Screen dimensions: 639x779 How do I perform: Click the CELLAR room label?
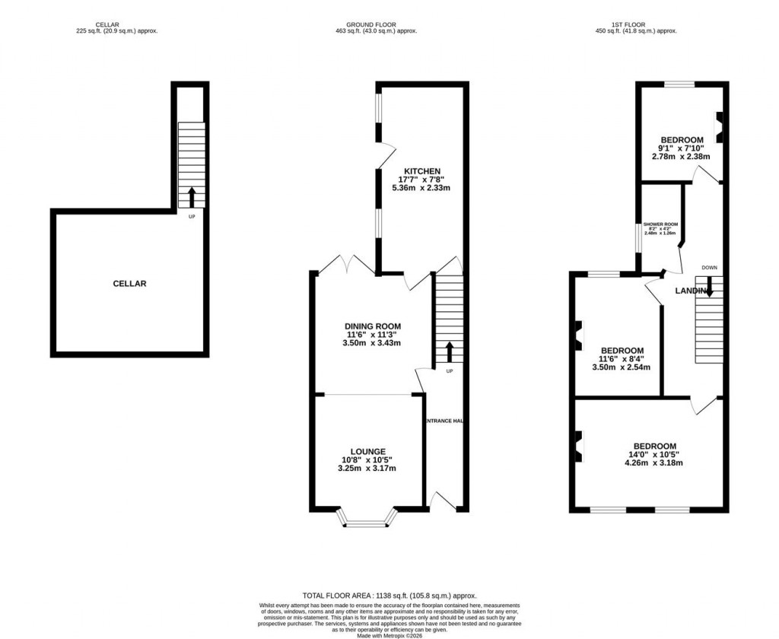129,284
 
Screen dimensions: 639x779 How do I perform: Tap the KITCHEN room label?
422,170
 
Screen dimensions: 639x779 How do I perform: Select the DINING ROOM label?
371,326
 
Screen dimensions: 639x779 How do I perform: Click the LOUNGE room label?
368,451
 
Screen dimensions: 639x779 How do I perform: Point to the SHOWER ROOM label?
660,224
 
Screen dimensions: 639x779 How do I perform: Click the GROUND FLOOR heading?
365,24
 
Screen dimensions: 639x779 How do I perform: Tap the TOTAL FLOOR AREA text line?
389,596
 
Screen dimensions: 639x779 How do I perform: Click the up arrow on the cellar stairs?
191,196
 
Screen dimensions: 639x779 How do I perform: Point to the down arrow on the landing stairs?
709,288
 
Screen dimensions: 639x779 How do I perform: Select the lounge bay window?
368,521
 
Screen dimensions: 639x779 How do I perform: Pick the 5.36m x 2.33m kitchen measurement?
422,187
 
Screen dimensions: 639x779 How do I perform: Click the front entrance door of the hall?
442,501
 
